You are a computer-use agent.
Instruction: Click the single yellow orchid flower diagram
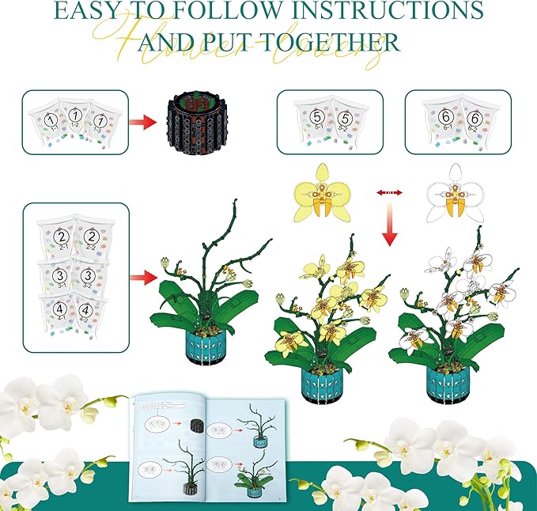click(x=322, y=191)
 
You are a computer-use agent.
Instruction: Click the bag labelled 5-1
click(x=310, y=123)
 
